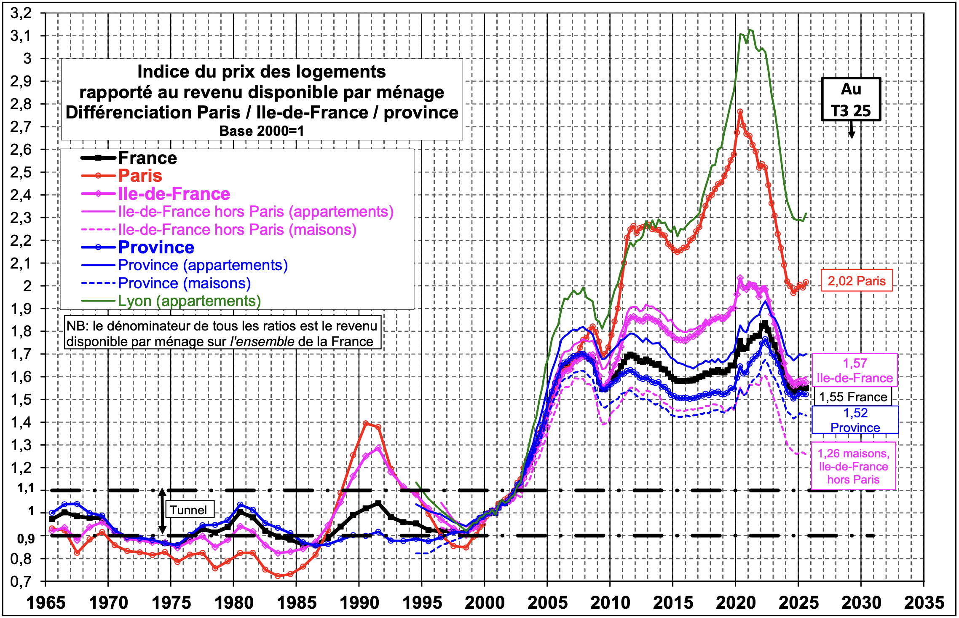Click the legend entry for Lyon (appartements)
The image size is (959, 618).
point(189,301)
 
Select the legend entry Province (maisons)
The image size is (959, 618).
point(184,283)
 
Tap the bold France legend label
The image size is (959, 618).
point(147,158)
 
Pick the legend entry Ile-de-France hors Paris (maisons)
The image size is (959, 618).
point(237,230)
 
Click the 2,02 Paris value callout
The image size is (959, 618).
point(856,281)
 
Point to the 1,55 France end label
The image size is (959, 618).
point(853,397)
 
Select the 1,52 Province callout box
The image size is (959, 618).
point(855,420)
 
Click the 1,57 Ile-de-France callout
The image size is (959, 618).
point(855,370)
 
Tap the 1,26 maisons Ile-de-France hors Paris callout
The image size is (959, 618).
point(853,466)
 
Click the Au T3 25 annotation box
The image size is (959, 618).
point(851,99)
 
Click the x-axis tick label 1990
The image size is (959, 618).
point(359,602)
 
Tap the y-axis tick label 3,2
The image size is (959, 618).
point(21,13)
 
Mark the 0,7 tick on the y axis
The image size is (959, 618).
point(21,582)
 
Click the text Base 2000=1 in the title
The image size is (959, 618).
point(261,131)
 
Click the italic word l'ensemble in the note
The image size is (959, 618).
point(262,341)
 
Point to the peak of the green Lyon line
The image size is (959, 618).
point(750,30)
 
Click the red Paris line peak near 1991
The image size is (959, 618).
point(366,423)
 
